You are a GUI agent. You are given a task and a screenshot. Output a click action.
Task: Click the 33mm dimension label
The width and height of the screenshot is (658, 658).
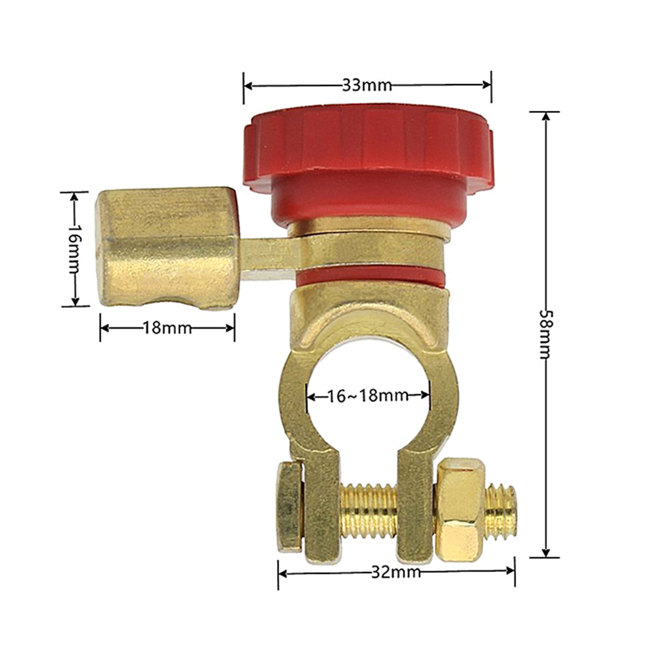tap(367, 85)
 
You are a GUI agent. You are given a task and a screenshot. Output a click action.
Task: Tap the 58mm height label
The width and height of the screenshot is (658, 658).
tap(546, 334)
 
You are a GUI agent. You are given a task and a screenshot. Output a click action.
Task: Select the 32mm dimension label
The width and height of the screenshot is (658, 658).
tap(396, 571)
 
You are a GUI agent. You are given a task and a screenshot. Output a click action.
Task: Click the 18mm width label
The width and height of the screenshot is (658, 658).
tap(167, 327)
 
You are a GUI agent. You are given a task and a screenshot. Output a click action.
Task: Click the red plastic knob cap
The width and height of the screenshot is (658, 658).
tap(367, 164)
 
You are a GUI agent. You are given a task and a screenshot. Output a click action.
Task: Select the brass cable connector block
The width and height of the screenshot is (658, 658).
tap(167, 248)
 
